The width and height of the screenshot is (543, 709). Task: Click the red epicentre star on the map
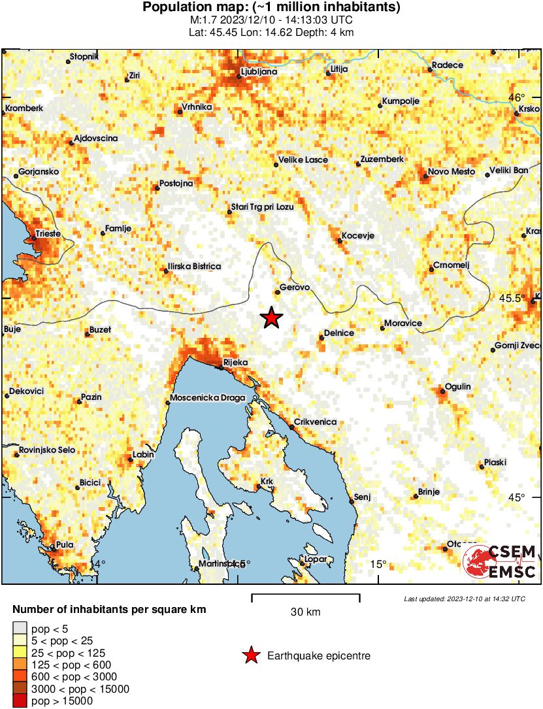pos(272,318)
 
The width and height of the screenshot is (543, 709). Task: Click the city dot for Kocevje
pos(340,241)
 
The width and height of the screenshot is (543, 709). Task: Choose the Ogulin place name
pos(457,387)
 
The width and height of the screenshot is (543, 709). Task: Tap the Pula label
pos(65,545)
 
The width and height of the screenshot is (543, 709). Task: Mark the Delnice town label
pos(339,333)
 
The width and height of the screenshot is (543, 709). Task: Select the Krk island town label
pos(266,482)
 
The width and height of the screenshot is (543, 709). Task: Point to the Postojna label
pos(176,184)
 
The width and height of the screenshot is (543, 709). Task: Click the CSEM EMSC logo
pos(501,562)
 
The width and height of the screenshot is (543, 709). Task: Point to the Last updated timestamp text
pos(464,599)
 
